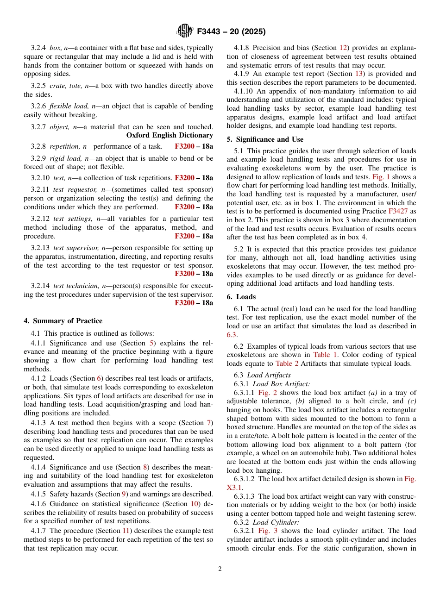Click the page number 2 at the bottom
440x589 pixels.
220,569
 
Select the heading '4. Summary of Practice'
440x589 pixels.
63,321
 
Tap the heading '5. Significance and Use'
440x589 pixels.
265,139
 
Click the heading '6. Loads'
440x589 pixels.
241,297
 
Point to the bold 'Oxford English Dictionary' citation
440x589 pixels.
170,135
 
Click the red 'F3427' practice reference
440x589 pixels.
398,211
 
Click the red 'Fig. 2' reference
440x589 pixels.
267,393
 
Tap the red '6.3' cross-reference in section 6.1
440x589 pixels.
232,334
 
